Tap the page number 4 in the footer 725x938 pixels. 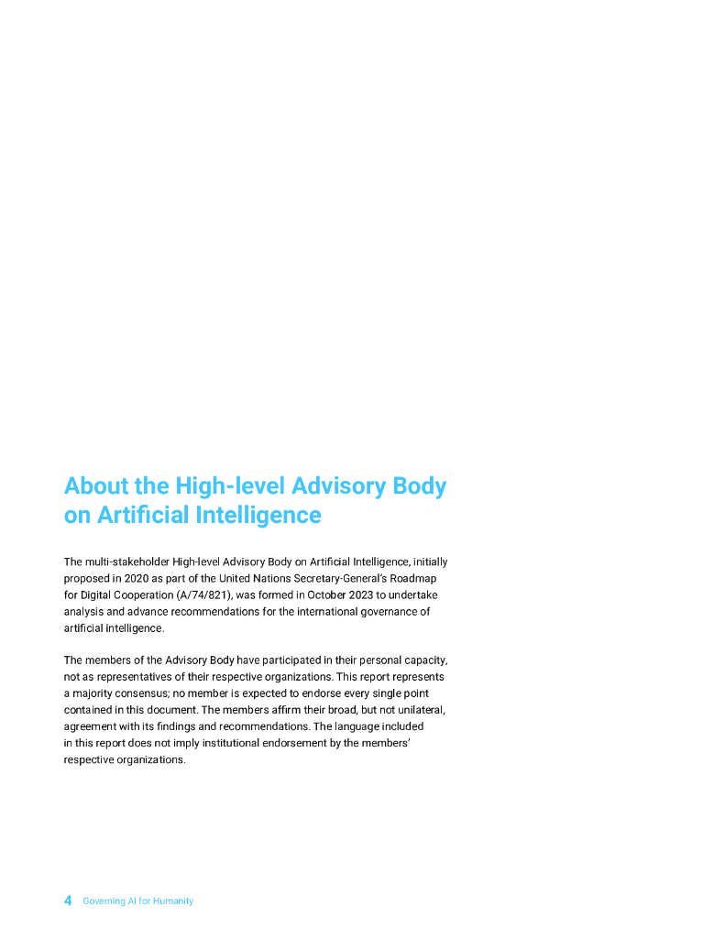tap(68, 900)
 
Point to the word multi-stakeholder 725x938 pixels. tap(123, 562)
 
